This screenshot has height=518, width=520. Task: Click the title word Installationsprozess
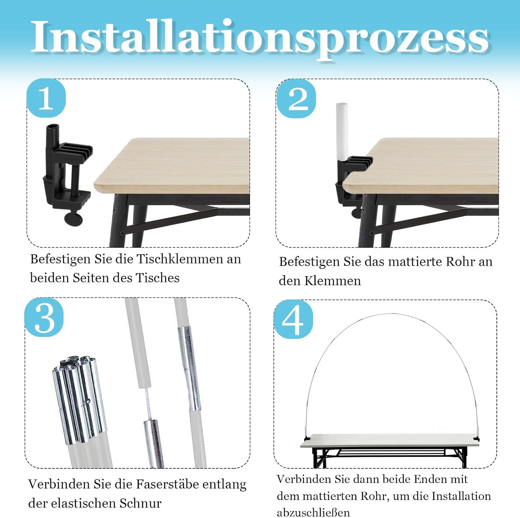260,38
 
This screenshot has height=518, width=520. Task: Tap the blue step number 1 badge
46,98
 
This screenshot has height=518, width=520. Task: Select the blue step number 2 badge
296,99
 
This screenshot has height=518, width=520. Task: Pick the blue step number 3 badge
44,317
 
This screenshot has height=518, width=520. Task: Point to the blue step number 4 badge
293,319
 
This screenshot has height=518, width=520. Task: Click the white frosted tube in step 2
342,132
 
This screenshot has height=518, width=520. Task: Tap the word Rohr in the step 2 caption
460,262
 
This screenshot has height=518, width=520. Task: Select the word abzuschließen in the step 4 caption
313,512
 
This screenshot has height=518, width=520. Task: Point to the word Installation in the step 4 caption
461,496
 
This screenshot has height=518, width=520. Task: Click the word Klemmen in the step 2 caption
332,281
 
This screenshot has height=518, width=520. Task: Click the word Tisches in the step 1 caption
158,278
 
